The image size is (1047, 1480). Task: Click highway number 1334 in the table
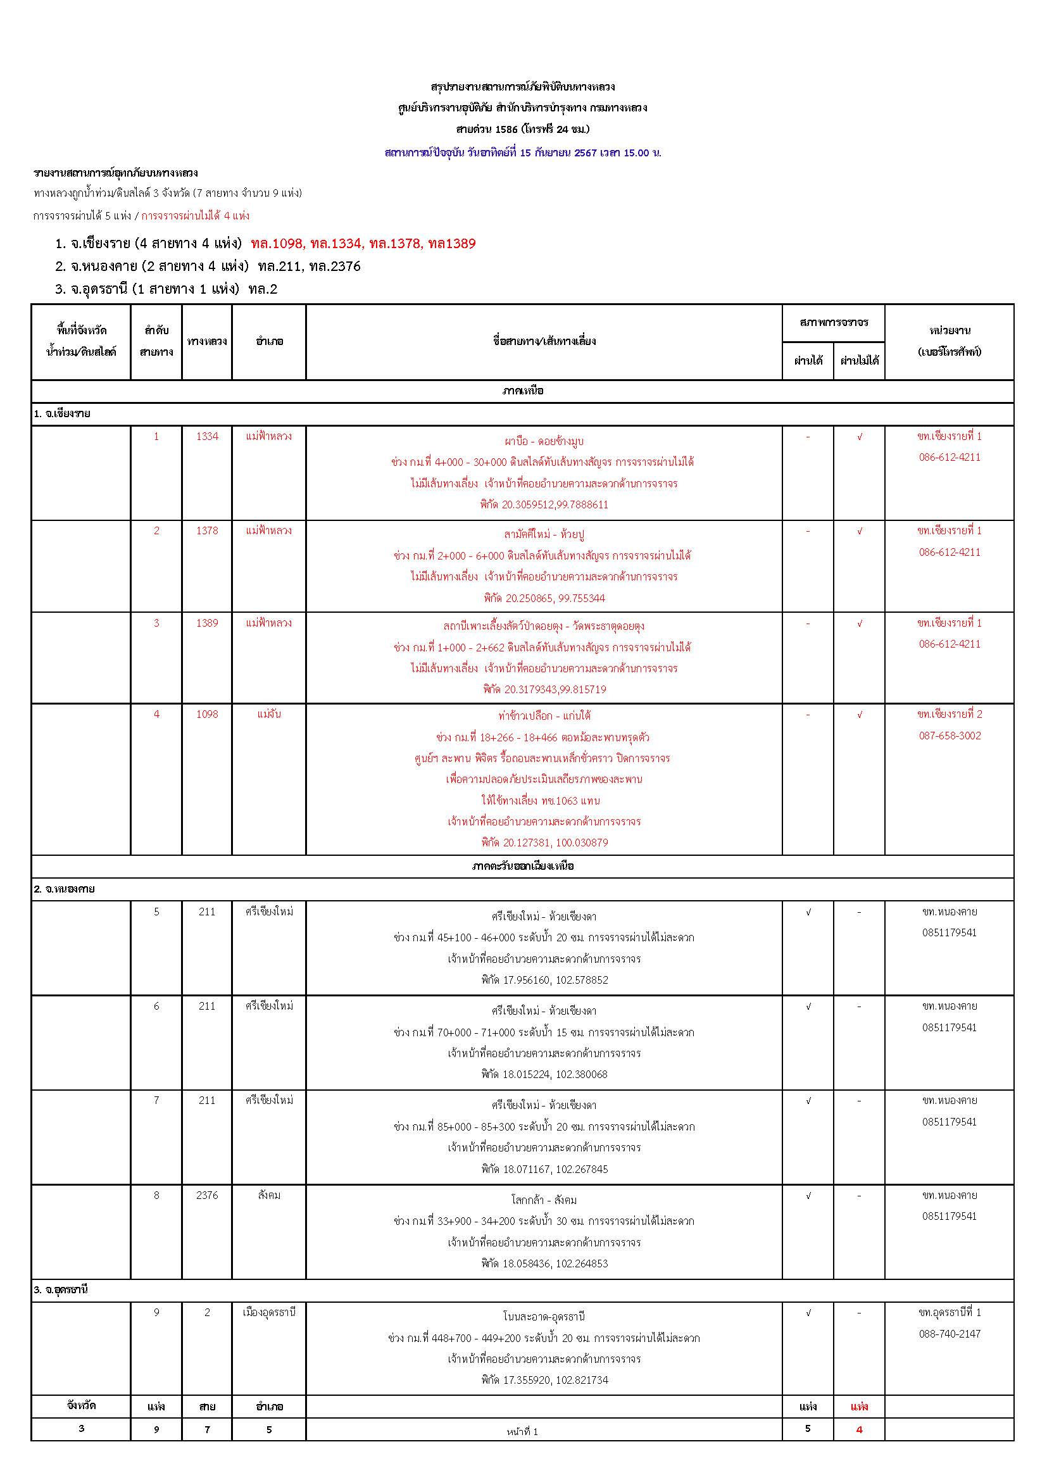coord(207,436)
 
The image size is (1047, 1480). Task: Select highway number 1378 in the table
coord(207,530)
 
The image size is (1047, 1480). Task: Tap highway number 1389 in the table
coord(207,623)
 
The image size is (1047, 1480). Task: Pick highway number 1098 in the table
coord(207,714)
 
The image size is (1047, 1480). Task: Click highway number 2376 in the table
coord(207,1195)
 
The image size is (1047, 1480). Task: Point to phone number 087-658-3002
coord(950,736)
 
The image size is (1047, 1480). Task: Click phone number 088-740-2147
coord(950,1334)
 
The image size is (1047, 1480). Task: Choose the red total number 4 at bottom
coord(859,1429)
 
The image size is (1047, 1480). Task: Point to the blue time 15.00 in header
coord(636,153)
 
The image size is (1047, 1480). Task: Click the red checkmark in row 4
coord(860,714)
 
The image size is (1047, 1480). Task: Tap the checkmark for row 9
coord(808,1312)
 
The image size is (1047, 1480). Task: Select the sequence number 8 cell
coord(156,1195)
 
